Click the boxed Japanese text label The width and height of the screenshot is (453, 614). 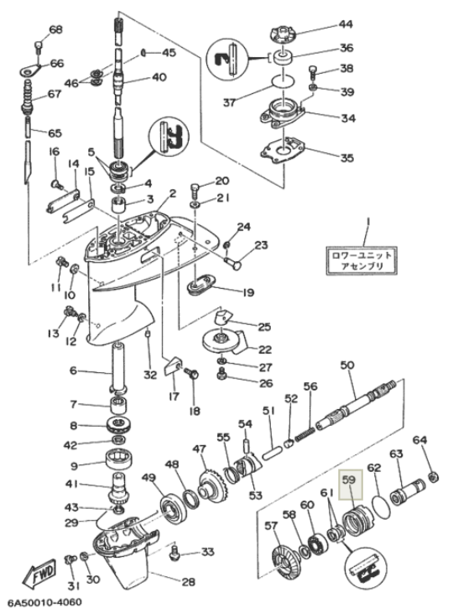click(x=361, y=260)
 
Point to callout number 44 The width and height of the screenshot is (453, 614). click(x=345, y=24)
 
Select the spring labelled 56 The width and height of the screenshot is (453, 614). click(x=305, y=435)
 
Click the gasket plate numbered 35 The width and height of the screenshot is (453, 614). click(x=283, y=150)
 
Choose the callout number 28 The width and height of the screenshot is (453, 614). click(x=188, y=582)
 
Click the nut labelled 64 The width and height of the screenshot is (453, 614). click(x=434, y=477)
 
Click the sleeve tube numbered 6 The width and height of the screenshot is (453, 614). click(x=118, y=368)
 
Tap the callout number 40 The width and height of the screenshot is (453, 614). click(x=159, y=77)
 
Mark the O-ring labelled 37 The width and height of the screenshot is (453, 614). click(x=284, y=81)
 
